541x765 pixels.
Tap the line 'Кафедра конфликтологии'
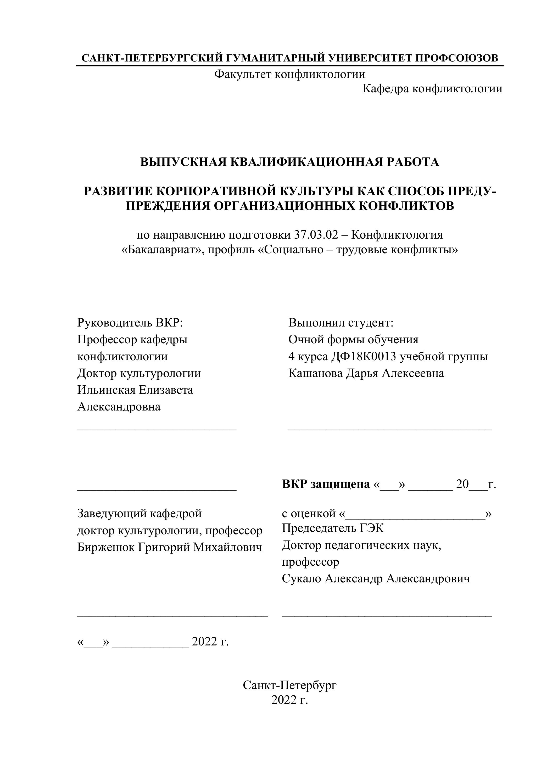click(x=432, y=89)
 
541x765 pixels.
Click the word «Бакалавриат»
click(x=162, y=250)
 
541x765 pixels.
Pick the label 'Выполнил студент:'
click(x=341, y=323)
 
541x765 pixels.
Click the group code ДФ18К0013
click(x=363, y=357)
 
